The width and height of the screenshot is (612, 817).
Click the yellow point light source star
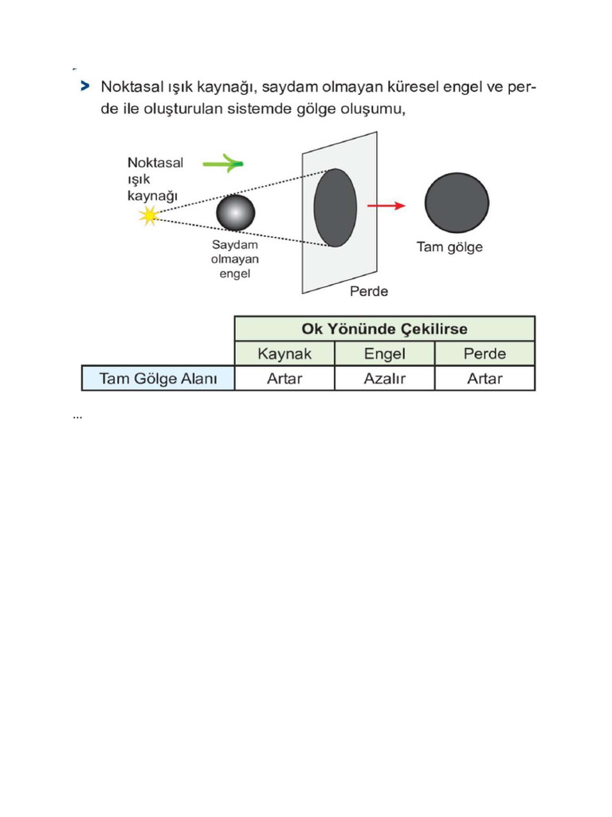(x=149, y=215)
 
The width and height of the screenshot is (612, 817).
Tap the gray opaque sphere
(x=236, y=212)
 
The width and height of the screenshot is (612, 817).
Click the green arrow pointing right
(x=223, y=163)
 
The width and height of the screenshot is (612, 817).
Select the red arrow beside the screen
(x=386, y=206)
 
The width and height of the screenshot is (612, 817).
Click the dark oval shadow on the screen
(x=335, y=207)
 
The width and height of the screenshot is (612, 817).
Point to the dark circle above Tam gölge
(x=457, y=203)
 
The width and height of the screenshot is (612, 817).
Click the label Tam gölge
(x=449, y=247)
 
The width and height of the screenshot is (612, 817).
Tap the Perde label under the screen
(x=369, y=290)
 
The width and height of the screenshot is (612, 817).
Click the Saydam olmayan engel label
(x=235, y=259)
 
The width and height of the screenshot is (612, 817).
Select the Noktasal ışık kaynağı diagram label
(x=155, y=180)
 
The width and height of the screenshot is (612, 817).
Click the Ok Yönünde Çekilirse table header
(x=385, y=329)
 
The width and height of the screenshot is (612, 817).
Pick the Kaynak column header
(x=284, y=353)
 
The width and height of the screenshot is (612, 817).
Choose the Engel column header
(x=385, y=353)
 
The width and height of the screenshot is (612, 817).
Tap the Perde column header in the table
(x=484, y=353)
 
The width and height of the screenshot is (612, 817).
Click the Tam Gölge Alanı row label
(x=159, y=378)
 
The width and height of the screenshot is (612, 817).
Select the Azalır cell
(x=385, y=378)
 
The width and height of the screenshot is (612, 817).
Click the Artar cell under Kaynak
(x=284, y=378)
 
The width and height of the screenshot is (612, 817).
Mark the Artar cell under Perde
(x=484, y=378)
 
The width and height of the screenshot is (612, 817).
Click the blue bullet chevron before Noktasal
(x=84, y=86)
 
